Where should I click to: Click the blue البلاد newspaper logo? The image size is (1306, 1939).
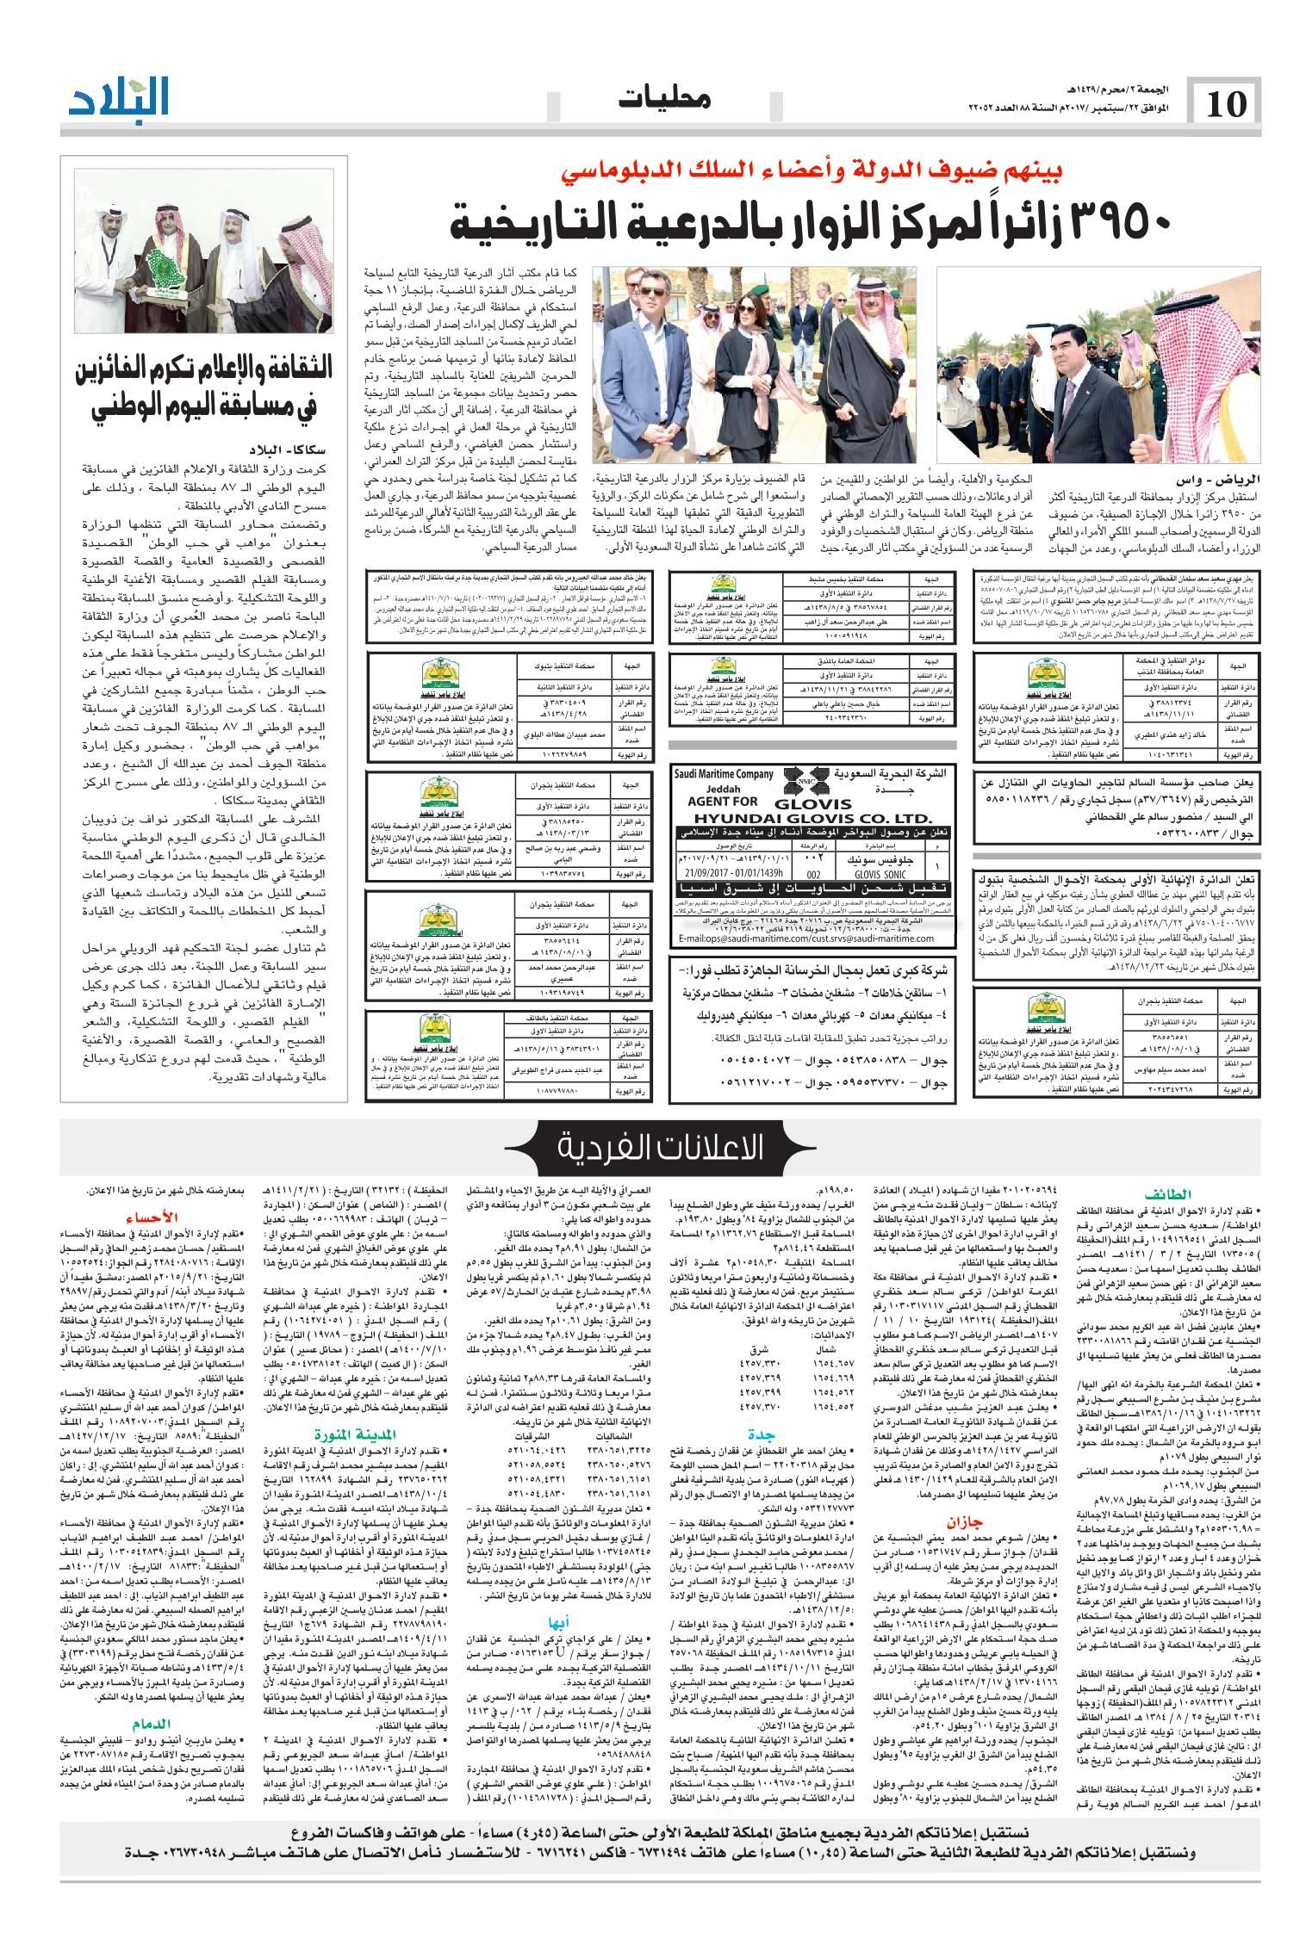120,100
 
